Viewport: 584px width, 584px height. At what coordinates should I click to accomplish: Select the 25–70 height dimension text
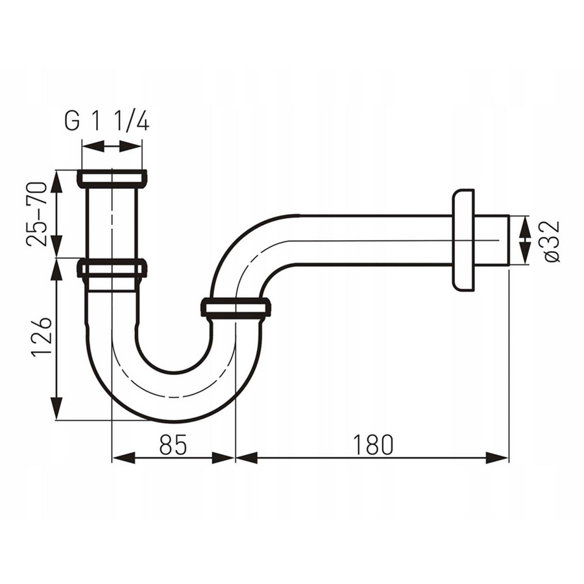[37, 213]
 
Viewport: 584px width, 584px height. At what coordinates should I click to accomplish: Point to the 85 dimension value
[173, 444]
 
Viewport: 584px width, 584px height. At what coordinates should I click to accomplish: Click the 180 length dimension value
[373, 444]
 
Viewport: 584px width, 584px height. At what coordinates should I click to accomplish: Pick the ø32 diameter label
[551, 241]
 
